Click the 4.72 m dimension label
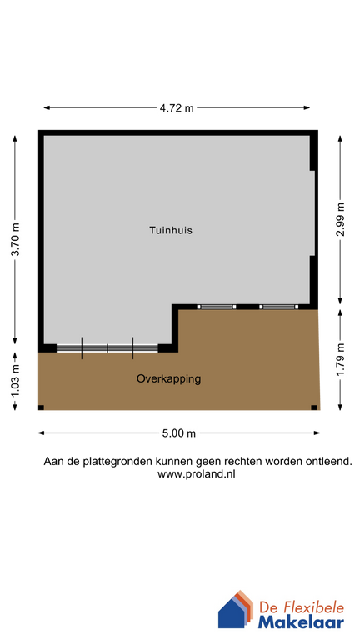[177, 107]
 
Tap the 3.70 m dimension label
[14, 241]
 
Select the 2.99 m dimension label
[340, 220]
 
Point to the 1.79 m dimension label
[340, 360]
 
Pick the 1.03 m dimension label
[14, 382]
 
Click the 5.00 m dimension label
[179, 433]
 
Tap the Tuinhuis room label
[171, 230]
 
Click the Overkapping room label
[168, 378]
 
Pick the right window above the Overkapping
[278, 307]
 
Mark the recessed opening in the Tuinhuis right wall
[312, 213]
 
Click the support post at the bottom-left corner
[39, 407]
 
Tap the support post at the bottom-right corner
[314, 407]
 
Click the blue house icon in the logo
[232, 612]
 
